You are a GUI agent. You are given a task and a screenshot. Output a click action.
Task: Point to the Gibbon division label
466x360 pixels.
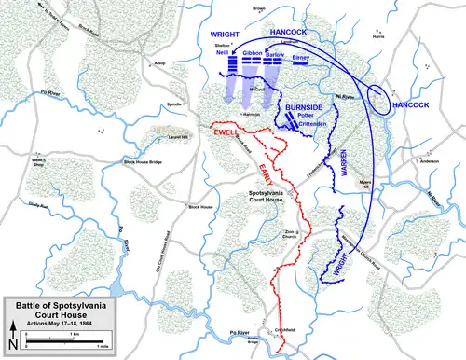coord(252,54)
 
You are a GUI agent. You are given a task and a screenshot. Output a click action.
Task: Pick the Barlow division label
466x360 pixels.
coord(274,54)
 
